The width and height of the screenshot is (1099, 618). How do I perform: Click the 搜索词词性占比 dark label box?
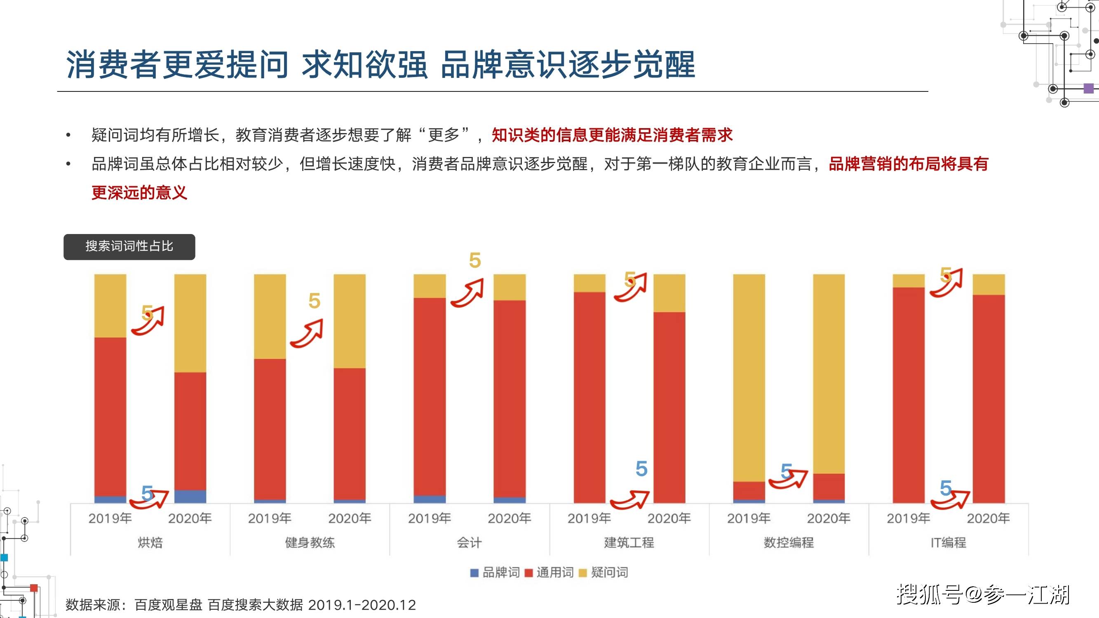click(x=129, y=247)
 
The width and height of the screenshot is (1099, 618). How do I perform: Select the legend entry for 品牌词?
click(x=495, y=572)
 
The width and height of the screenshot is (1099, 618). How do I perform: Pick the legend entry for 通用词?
click(x=549, y=572)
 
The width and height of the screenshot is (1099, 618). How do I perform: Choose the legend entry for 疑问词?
click(x=603, y=572)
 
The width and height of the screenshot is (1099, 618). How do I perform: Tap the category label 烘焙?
click(x=150, y=543)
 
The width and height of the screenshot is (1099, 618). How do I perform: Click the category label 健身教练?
click(x=310, y=543)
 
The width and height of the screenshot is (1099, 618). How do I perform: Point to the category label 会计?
click(x=469, y=543)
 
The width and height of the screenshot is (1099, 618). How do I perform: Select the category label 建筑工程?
click(x=629, y=543)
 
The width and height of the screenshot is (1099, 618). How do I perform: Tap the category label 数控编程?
click(x=789, y=543)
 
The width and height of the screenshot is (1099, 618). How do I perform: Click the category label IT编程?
click(x=949, y=543)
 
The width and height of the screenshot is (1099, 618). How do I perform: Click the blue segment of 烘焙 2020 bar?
click(x=190, y=496)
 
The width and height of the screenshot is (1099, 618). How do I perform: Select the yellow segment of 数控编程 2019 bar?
click(x=749, y=378)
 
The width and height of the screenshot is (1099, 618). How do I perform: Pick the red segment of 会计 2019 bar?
click(x=430, y=397)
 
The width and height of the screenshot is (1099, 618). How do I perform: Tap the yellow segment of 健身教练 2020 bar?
click(x=350, y=321)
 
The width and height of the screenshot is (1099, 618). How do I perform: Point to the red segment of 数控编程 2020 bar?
click(x=829, y=487)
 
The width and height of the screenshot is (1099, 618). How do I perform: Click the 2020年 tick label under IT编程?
click(x=988, y=518)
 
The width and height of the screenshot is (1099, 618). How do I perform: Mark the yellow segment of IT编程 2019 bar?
click(x=909, y=281)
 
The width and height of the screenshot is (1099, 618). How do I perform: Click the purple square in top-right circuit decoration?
click(x=1089, y=88)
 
